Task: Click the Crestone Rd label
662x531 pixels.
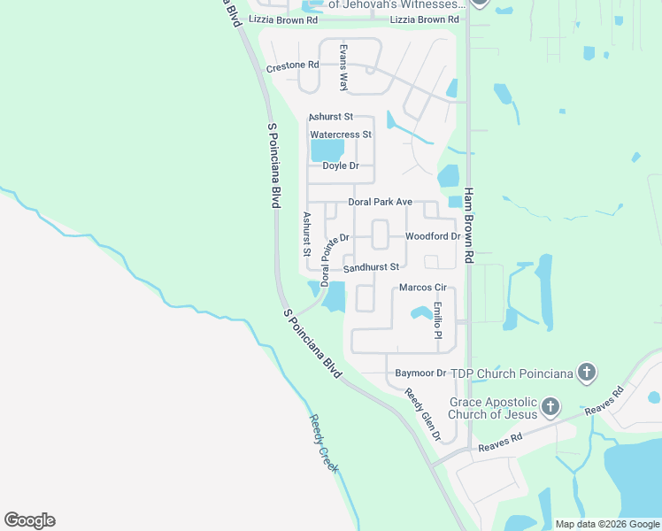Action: [292, 65]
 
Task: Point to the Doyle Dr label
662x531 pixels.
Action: [341, 166]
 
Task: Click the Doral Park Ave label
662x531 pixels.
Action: [381, 202]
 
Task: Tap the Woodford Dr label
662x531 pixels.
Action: [432, 236]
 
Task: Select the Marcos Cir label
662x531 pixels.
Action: [423, 288]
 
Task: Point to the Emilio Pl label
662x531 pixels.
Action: [437, 319]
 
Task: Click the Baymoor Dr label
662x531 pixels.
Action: [420, 373]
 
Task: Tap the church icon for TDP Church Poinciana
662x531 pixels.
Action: [586, 373]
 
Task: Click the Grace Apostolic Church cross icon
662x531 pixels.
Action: [550, 407]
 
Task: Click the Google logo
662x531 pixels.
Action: [29, 520]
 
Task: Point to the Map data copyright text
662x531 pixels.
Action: [606, 524]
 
